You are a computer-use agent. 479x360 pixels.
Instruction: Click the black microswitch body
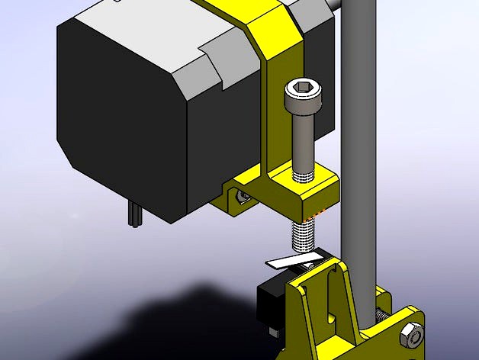[269, 298]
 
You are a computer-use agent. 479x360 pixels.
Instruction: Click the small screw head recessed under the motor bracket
[243, 198]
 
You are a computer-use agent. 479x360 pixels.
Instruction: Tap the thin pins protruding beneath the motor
[134, 214]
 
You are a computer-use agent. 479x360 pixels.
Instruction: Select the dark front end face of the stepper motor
[122, 114]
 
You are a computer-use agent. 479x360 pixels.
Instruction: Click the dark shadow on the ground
[191, 320]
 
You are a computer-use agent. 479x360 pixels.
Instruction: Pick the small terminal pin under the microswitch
[272, 330]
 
